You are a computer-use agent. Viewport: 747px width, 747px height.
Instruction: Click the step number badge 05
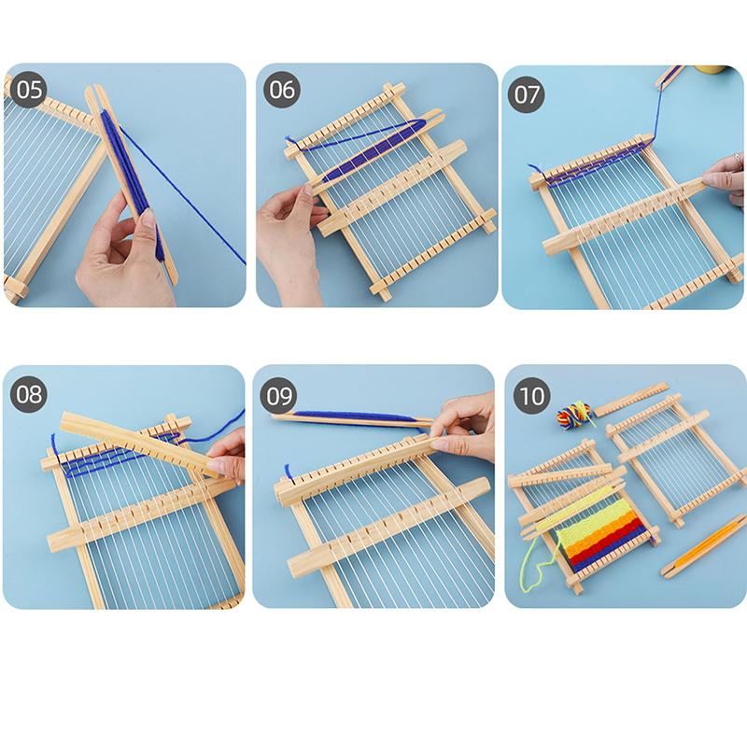[x=30, y=90]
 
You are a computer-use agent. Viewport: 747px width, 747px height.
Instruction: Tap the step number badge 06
[x=282, y=90]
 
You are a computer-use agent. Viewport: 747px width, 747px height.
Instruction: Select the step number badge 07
[x=528, y=94]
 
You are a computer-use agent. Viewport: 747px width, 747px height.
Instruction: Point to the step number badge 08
[x=30, y=394]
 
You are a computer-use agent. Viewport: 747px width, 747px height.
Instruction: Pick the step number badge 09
[x=280, y=394]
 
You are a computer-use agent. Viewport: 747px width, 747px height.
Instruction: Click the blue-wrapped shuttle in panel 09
[x=355, y=417]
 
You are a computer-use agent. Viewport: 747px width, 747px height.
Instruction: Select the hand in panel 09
[x=467, y=425]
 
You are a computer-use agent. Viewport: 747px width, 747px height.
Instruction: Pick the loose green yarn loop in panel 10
[x=532, y=556]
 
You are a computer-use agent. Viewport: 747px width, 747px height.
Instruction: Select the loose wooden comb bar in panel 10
[x=631, y=399]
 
